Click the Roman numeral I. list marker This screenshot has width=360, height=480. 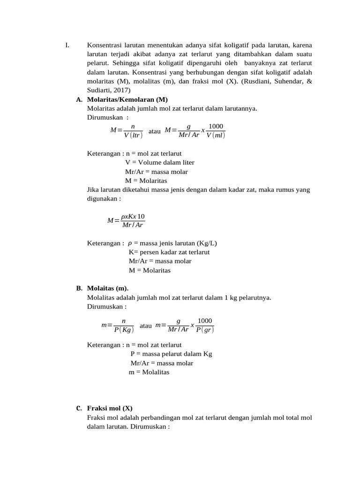67,45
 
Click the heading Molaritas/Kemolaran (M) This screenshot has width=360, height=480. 127,100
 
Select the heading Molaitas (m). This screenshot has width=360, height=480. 107,288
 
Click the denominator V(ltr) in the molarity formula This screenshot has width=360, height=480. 133,135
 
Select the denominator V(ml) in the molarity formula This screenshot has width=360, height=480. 216,135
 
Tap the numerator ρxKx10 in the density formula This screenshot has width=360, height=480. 133,217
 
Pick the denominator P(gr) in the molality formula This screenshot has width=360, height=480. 205,330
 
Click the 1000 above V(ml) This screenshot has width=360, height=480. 216,127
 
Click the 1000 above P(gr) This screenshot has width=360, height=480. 205,321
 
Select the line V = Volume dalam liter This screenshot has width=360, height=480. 159,162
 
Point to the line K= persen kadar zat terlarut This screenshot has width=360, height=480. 169,252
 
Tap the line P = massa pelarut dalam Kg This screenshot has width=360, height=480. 171,354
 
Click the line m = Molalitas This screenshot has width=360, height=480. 149,372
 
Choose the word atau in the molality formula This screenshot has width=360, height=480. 146,325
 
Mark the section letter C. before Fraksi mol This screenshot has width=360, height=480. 79,408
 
